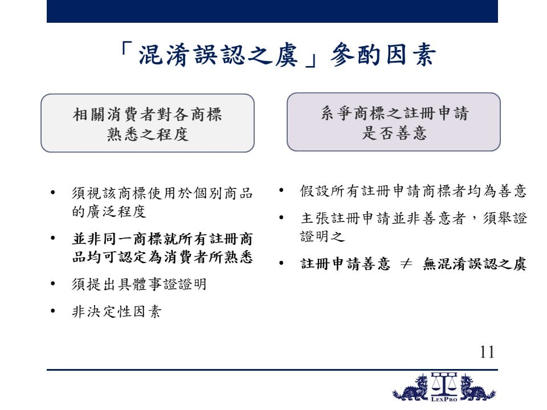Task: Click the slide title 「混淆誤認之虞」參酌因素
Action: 277,55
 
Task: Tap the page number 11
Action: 487,352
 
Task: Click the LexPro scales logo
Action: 444,387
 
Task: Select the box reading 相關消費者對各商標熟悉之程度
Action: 148,123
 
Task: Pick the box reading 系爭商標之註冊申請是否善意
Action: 394,122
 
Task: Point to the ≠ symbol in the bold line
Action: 406,264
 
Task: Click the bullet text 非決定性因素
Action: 116,311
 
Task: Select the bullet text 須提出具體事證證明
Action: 139,284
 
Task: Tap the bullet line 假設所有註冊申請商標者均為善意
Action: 413,191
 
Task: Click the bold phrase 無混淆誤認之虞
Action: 475,264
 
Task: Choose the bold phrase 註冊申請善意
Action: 345,264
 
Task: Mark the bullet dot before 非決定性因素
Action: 53,311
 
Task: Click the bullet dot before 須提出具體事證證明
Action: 53,284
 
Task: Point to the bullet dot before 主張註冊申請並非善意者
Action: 281,218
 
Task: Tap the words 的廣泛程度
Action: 109,211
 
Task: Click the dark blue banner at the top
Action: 272,11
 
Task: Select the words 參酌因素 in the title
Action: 383,55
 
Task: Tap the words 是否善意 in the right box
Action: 394,133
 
